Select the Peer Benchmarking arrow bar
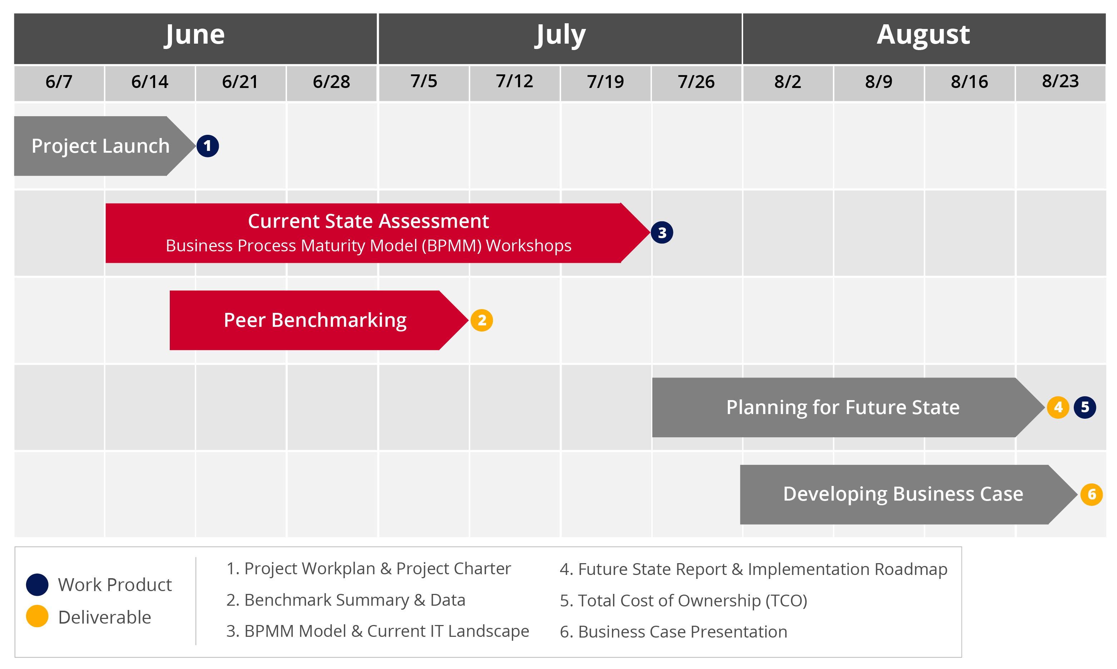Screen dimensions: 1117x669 tap(319, 320)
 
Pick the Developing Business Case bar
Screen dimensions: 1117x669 tap(909, 495)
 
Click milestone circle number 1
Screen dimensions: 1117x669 tap(208, 146)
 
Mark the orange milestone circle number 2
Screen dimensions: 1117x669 tap(482, 320)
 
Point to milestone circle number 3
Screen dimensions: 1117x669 tap(662, 233)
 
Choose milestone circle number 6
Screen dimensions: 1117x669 tap(1092, 495)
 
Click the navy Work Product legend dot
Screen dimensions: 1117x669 tap(38, 585)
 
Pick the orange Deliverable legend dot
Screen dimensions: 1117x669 tap(38, 616)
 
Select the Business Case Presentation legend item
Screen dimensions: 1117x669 tap(674, 631)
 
